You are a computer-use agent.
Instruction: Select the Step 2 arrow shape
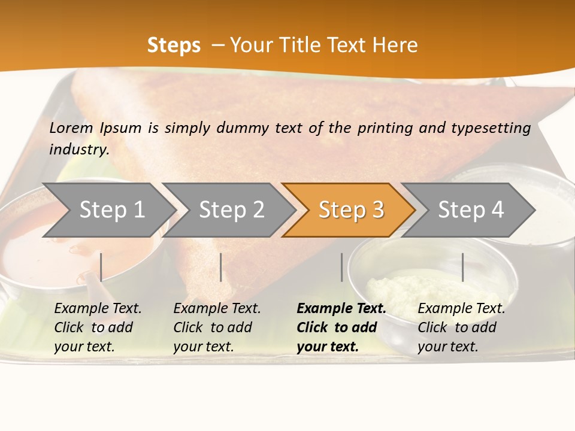[230, 210]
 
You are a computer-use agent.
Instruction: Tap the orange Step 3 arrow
[350, 210]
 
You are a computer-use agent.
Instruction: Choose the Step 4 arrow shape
[470, 210]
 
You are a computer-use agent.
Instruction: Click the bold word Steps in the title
[174, 45]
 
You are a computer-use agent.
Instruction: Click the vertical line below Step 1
[101, 267]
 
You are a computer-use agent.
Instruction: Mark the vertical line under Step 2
[221, 267]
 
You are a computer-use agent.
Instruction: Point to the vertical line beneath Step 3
[342, 267]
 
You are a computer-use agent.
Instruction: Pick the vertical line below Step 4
[462, 267]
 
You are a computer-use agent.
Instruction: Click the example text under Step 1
[98, 327]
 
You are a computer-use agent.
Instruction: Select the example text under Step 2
[217, 327]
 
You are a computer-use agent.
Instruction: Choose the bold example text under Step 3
[341, 327]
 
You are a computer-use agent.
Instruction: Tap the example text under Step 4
[461, 327]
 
